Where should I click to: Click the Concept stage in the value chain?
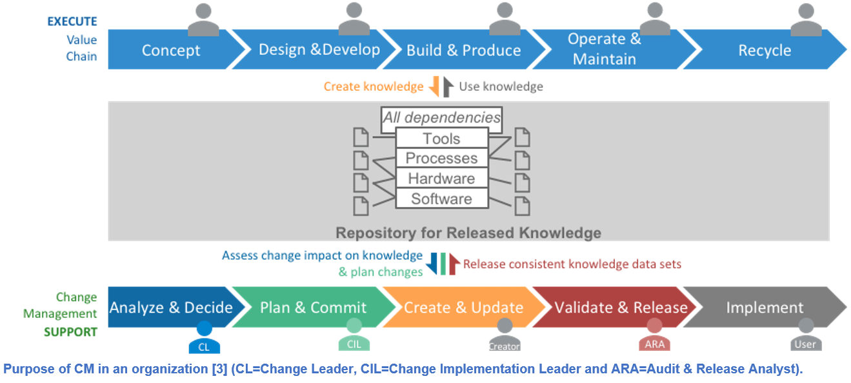pos(171,50)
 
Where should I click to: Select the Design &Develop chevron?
pos(319,50)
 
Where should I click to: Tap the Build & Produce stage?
pos(463,50)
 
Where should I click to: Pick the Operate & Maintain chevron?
pos(605,50)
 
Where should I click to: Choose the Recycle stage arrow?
pos(765,50)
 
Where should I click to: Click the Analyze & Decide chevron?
pos(171,308)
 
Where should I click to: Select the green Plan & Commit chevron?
pos(313,308)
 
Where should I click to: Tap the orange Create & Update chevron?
pos(463,308)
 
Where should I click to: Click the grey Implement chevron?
pos(765,308)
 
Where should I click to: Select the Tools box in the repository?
pos(441,139)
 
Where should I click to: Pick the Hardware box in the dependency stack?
pos(441,179)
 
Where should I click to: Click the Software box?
pos(441,199)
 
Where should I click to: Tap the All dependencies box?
pos(441,118)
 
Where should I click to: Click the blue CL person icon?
pos(204,339)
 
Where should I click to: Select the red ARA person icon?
pos(654,336)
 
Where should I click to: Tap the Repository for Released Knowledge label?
pos(468,233)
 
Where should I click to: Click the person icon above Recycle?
pos(806,20)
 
